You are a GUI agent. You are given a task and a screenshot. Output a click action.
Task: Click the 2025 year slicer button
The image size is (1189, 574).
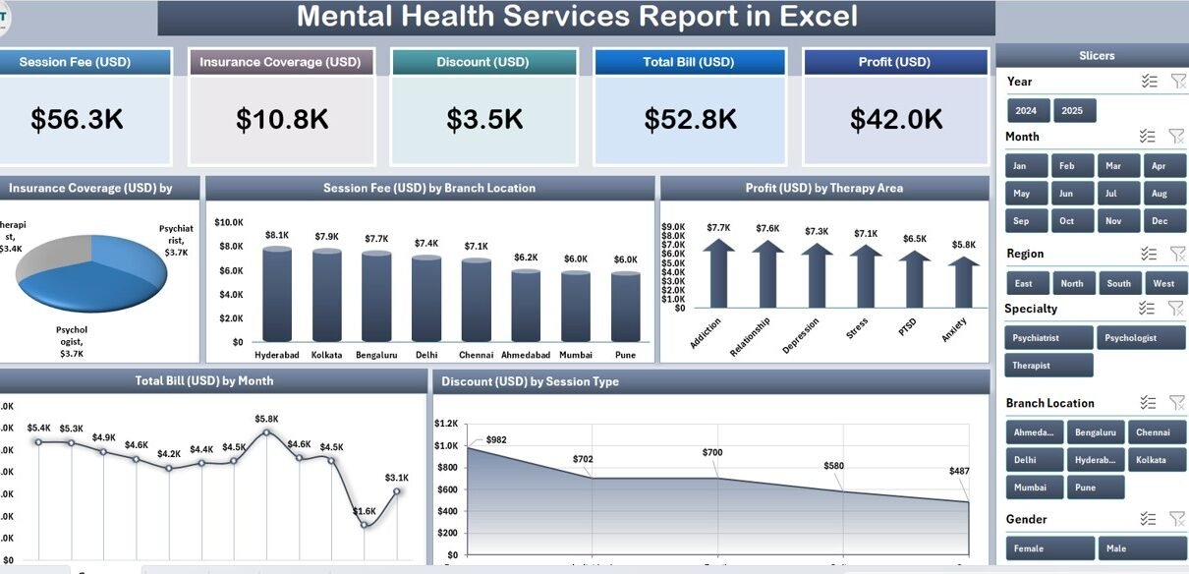coord(1072,110)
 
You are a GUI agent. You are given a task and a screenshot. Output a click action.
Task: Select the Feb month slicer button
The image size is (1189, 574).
coord(1067,166)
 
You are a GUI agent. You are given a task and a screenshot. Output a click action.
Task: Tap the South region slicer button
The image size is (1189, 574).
coord(1118,283)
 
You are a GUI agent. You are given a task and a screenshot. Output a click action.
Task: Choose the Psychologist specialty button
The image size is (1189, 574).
coord(1140,338)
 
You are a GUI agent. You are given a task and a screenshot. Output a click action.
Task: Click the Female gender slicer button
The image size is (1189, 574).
coord(1049,548)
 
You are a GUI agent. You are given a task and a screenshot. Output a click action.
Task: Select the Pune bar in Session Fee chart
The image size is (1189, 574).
coord(625,307)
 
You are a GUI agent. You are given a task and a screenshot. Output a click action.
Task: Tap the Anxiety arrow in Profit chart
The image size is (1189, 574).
coord(964,285)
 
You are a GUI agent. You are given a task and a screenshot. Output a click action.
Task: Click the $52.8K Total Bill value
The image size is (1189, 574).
coord(690,120)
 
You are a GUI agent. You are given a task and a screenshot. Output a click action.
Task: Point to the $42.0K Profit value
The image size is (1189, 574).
coord(896,120)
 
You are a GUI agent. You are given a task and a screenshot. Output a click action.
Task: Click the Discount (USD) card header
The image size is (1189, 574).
coord(483,62)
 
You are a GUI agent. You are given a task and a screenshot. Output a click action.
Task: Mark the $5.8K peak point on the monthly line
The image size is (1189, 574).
coord(266,431)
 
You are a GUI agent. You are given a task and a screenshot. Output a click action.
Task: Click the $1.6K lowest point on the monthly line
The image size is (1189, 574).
coord(365,524)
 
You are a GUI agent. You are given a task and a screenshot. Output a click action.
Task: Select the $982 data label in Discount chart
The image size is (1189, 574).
coord(495,439)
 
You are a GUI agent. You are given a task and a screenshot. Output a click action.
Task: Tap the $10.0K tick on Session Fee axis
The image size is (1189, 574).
coord(229,222)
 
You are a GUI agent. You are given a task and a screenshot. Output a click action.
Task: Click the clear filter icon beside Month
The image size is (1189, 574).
coord(1176,137)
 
